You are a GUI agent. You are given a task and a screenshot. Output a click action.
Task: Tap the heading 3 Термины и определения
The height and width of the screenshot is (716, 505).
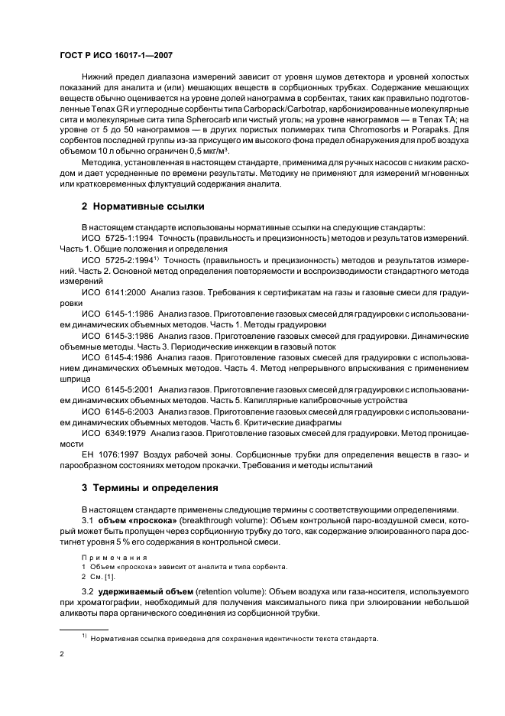pyautogui.click(x=142, y=487)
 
